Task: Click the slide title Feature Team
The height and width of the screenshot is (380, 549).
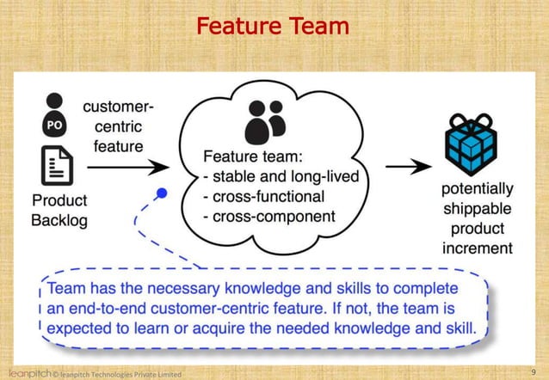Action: [x=273, y=27]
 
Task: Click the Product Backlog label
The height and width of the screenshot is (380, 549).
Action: [x=59, y=209]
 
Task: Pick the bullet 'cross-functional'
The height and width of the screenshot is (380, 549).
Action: [x=265, y=196]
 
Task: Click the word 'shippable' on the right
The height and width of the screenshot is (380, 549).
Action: [x=477, y=209]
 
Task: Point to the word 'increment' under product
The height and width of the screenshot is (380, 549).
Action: [x=477, y=248]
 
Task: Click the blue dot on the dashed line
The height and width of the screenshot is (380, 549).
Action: [x=161, y=193]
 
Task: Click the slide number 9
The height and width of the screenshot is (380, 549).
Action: [x=534, y=371]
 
